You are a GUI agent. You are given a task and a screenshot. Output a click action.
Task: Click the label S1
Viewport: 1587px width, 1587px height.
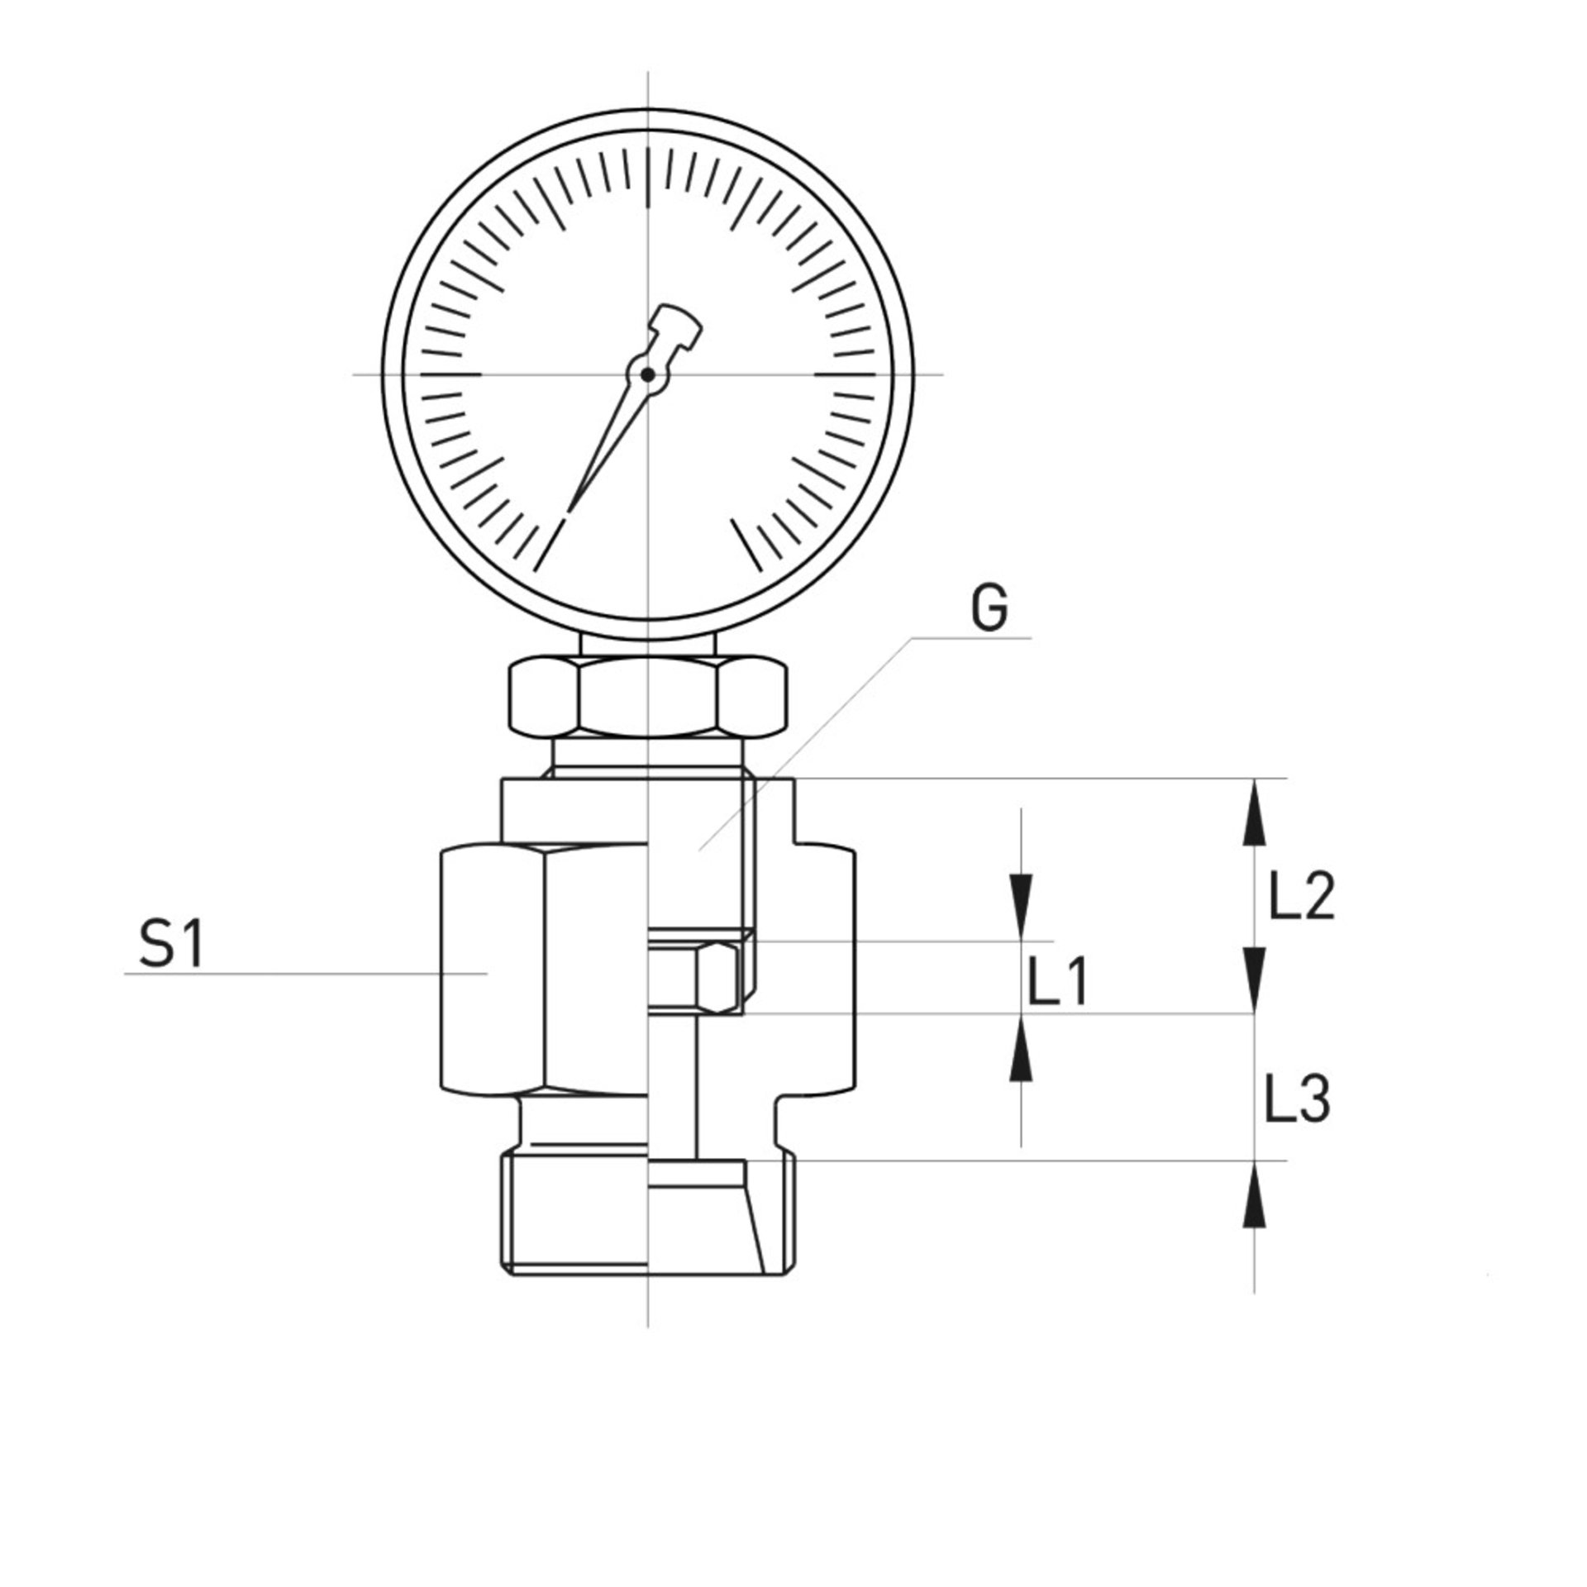coord(171,946)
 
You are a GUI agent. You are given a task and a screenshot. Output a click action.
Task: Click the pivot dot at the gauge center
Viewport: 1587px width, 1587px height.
coord(648,375)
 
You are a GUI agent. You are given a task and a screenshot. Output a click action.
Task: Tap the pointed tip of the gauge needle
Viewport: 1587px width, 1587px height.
coord(570,507)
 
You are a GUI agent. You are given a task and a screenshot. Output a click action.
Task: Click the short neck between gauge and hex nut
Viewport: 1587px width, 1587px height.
coord(647,646)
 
